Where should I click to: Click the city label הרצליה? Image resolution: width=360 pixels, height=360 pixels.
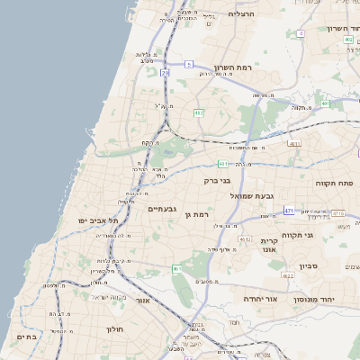243,14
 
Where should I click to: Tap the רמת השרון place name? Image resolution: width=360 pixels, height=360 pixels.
236,67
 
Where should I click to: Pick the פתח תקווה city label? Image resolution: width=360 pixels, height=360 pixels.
335,183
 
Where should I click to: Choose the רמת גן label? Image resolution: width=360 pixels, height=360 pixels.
194,214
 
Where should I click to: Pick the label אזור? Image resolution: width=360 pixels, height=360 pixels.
141,300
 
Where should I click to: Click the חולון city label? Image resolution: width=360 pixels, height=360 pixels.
115,328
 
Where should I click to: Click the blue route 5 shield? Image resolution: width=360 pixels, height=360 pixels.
189,65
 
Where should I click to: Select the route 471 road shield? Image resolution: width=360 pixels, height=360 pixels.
290,210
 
